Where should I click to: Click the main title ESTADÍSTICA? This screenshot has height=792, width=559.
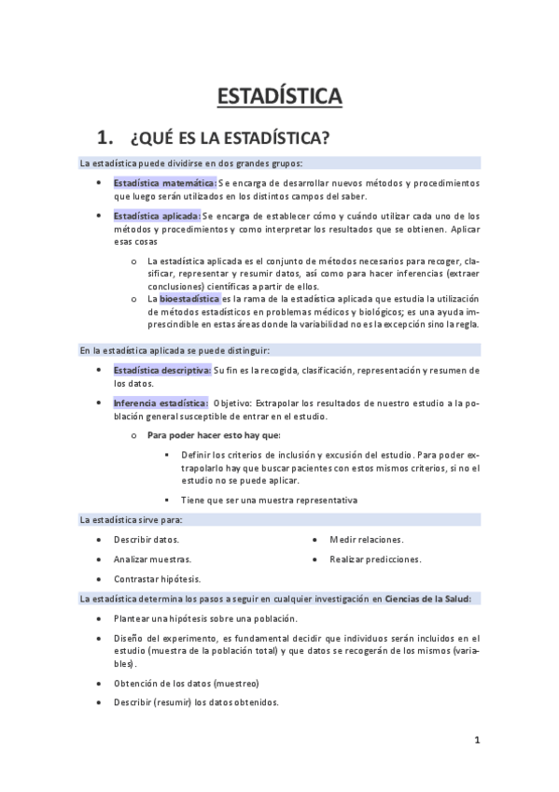(279, 96)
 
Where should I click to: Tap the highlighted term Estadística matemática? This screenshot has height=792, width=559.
(164, 183)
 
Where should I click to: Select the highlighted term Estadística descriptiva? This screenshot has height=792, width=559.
(161, 371)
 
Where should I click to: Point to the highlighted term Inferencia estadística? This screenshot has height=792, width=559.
(160, 403)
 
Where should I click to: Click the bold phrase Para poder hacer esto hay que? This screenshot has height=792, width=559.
(214, 435)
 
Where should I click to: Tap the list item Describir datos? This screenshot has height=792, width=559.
(147, 540)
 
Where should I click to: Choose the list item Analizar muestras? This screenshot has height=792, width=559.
(152, 559)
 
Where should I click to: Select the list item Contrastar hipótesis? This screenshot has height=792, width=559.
(157, 579)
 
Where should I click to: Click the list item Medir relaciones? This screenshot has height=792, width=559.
(367, 540)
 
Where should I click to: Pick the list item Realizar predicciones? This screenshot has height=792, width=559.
(375, 559)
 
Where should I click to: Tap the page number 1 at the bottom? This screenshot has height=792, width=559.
(477, 741)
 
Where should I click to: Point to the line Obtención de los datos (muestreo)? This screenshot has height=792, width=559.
(186, 684)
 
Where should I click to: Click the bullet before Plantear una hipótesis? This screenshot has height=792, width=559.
(100, 618)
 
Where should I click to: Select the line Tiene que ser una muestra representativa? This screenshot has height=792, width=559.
(269, 500)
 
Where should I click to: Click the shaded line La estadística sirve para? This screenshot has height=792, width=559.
(131, 520)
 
